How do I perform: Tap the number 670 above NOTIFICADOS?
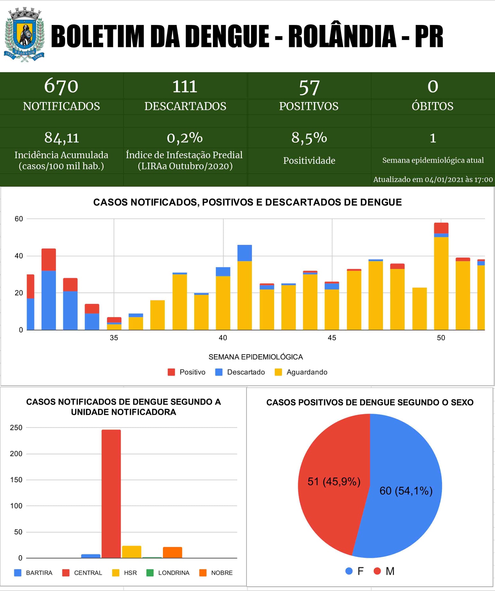[x=61, y=86]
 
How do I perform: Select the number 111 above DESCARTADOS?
[x=185, y=86]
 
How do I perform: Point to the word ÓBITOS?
[x=432, y=106]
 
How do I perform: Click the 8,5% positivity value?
[x=309, y=138]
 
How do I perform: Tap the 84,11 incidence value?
[x=61, y=138]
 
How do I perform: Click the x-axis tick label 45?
[x=332, y=338]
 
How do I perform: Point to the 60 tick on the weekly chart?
[x=19, y=219]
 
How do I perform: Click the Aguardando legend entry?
[x=301, y=372]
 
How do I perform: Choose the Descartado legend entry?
[x=240, y=372]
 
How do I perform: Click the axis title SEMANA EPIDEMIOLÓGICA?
[x=255, y=357]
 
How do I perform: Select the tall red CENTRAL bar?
[x=111, y=494]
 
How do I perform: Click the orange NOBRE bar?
[x=172, y=552]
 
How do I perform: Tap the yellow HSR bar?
[x=132, y=552]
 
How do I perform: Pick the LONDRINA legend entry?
[x=168, y=573]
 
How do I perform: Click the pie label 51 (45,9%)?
[x=334, y=481]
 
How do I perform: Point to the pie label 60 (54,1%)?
[x=406, y=491]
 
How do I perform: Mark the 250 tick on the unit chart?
[x=16, y=428]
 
